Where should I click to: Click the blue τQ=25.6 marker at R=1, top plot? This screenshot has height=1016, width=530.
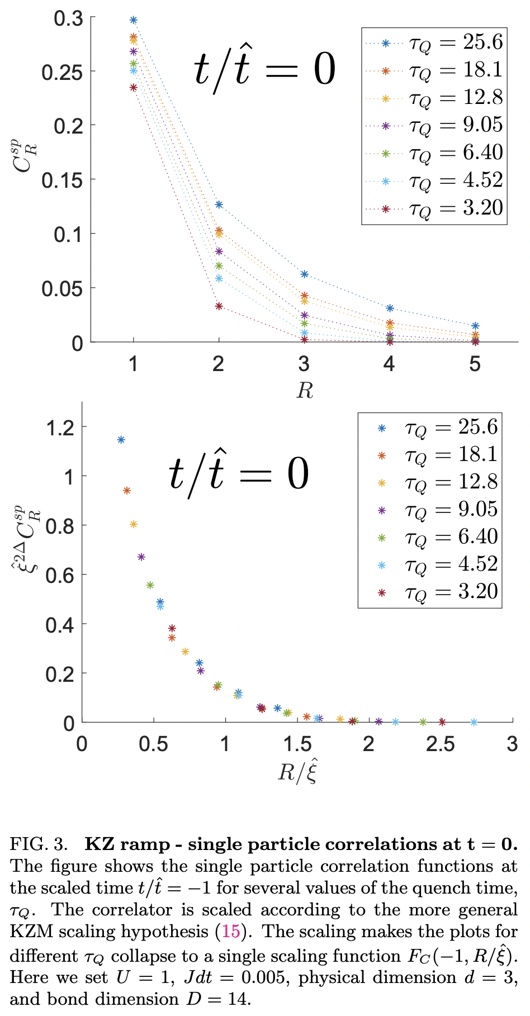[133, 20]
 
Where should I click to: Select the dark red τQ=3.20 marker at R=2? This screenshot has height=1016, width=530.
[219, 306]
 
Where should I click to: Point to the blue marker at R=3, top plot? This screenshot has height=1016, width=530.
[304, 274]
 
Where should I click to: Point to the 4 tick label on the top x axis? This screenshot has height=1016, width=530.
[389, 364]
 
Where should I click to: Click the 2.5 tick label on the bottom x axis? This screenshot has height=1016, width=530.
[441, 744]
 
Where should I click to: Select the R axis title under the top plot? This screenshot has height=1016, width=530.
[304, 390]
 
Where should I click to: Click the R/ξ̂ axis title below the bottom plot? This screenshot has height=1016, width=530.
[298, 772]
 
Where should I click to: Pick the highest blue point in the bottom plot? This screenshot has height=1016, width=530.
[121, 440]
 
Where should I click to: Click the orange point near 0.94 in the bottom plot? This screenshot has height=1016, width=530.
[126, 491]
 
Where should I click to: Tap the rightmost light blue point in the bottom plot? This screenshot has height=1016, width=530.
[474, 722]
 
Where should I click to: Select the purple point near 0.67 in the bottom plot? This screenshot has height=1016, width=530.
[141, 557]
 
